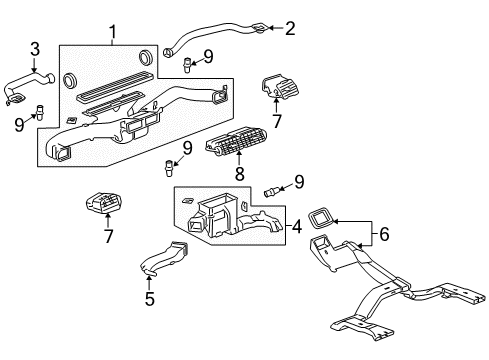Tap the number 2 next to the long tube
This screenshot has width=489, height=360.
[291, 28]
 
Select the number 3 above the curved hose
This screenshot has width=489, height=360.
[35, 49]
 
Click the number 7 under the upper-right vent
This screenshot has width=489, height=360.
[278, 121]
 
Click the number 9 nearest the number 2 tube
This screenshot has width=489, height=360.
[208, 57]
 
